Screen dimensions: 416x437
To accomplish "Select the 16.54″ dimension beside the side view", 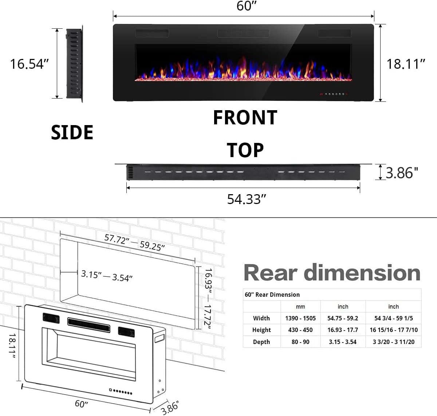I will [x=29, y=64].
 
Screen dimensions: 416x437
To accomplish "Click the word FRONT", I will [x=245, y=117].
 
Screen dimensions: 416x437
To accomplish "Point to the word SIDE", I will [x=72, y=132].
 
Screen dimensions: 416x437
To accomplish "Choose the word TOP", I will [x=245, y=150].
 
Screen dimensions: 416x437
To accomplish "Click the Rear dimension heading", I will [x=332, y=273].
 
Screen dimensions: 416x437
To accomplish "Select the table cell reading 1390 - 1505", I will [x=300, y=318].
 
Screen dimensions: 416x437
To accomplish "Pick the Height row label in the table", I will [x=261, y=330].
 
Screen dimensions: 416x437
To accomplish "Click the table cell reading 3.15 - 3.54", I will [x=343, y=342].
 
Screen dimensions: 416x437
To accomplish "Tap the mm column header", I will [x=300, y=307].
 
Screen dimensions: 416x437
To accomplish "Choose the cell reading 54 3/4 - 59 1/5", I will [x=393, y=318].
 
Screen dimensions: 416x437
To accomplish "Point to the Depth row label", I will [x=261, y=342].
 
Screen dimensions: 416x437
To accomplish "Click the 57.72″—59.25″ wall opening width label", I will [x=134, y=243].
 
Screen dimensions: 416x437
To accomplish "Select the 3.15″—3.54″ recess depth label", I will [x=106, y=276].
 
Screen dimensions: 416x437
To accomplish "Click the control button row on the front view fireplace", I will [x=333, y=94].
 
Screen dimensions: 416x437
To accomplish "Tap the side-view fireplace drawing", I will [x=74, y=64].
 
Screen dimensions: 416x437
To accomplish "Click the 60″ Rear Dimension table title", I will [x=272, y=295].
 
